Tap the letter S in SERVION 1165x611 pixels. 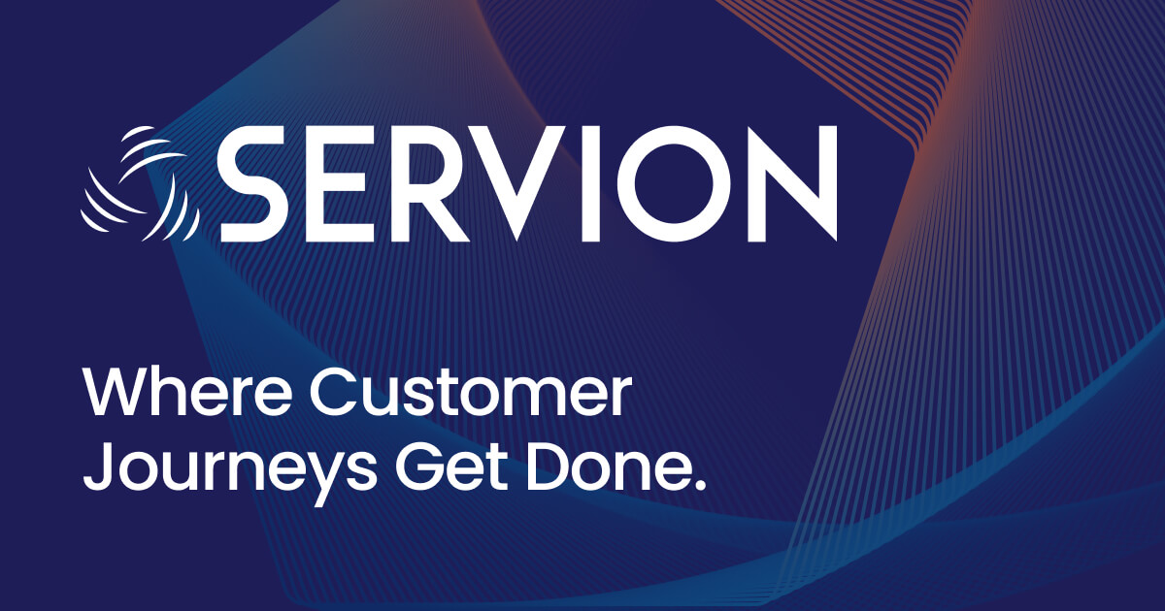click(x=254, y=184)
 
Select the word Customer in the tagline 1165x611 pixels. click(x=472, y=395)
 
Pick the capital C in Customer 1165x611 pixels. click(x=335, y=395)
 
